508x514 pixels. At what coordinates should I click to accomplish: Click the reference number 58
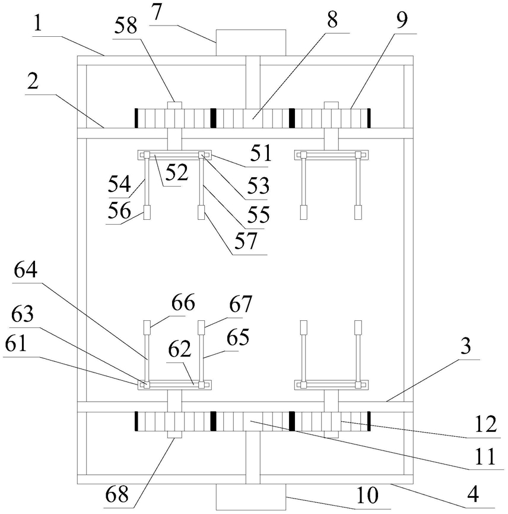click(x=125, y=26)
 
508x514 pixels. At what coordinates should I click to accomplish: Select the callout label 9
click(x=402, y=20)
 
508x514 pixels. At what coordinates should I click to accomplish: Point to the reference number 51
click(x=261, y=153)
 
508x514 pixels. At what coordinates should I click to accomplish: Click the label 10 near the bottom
click(x=367, y=494)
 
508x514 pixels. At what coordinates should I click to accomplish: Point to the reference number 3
click(x=465, y=346)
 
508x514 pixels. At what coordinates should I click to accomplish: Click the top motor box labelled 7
click(x=251, y=43)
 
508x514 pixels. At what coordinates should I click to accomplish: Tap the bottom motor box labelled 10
click(x=251, y=497)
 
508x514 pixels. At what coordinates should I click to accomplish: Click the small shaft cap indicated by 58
click(x=174, y=105)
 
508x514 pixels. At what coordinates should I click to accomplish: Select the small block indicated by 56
click(x=147, y=212)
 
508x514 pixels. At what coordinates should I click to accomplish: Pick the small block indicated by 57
click(x=201, y=212)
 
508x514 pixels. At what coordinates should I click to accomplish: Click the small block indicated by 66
click(x=147, y=327)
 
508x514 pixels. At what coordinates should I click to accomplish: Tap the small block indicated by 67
click(x=201, y=327)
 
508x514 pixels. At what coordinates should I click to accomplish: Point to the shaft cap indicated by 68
click(x=174, y=434)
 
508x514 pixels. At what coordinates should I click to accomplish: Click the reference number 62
click(x=179, y=349)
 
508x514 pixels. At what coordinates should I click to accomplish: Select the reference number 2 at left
click(x=33, y=81)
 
